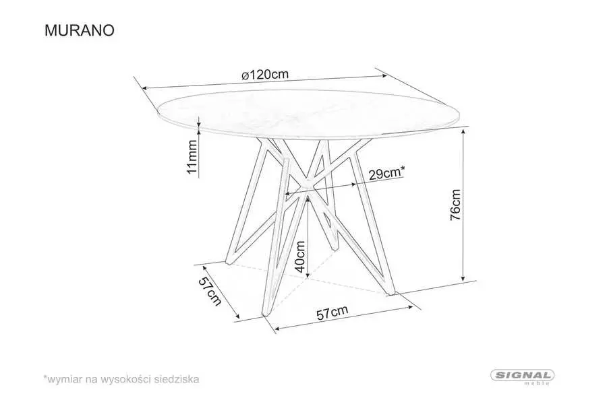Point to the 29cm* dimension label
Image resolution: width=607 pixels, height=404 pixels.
[386, 173]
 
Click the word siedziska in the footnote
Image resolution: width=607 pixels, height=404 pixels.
[177, 380]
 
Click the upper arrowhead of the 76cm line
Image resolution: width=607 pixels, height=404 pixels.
[464, 132]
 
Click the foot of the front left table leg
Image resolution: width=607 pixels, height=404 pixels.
[264, 316]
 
